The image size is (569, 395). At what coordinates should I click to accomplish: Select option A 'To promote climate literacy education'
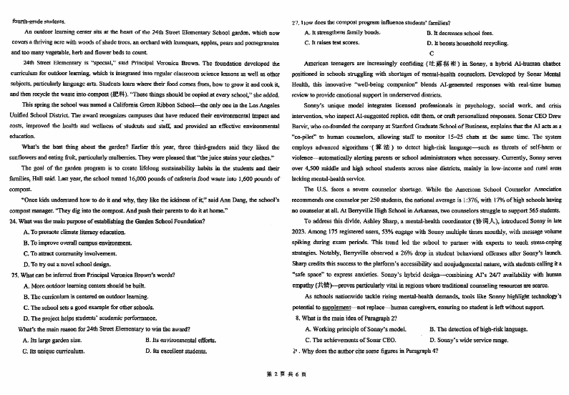72,233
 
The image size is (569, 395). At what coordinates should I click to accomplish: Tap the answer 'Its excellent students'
179,351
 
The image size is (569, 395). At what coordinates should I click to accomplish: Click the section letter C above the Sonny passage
431,54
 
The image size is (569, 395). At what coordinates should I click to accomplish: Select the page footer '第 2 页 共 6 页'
285,385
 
